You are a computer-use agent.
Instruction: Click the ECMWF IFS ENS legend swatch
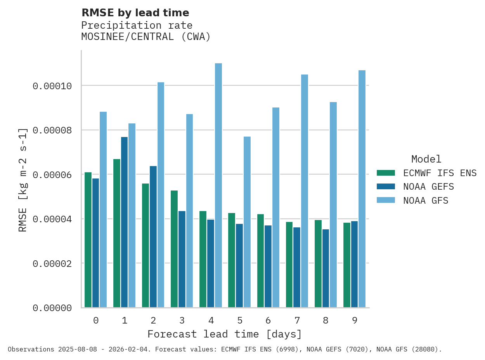(x=386, y=173)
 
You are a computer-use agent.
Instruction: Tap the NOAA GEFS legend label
(x=428, y=187)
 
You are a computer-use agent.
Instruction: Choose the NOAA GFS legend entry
(x=426, y=201)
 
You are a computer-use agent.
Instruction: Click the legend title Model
(x=426, y=159)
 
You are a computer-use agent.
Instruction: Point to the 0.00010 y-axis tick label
(x=52, y=86)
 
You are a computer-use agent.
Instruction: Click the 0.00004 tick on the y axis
(x=52, y=219)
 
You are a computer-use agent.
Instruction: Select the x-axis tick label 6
(x=268, y=320)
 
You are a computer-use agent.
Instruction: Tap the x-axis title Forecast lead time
(x=224, y=334)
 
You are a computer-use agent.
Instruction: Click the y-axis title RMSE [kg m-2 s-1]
(x=23, y=179)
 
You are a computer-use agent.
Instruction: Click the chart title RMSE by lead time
(x=135, y=13)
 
